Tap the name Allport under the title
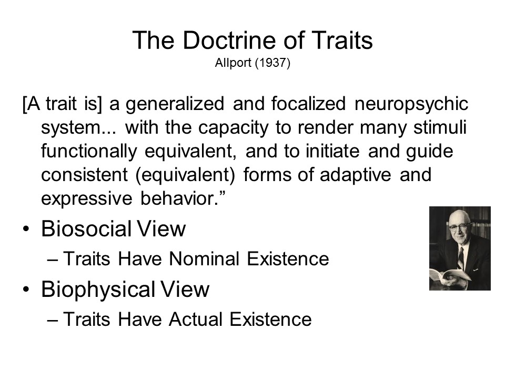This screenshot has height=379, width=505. (x=233, y=63)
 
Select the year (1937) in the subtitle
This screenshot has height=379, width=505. (x=272, y=63)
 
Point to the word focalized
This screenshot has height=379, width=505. (x=308, y=104)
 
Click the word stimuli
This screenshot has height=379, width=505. (x=440, y=127)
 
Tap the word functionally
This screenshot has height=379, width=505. (x=89, y=152)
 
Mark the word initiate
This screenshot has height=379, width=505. (x=332, y=151)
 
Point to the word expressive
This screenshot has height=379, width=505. (x=87, y=199)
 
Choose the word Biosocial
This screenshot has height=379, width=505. (x=86, y=229)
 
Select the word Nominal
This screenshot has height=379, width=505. (x=204, y=259)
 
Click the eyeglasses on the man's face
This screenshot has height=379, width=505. (x=459, y=226)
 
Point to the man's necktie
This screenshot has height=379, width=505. (x=461, y=258)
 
